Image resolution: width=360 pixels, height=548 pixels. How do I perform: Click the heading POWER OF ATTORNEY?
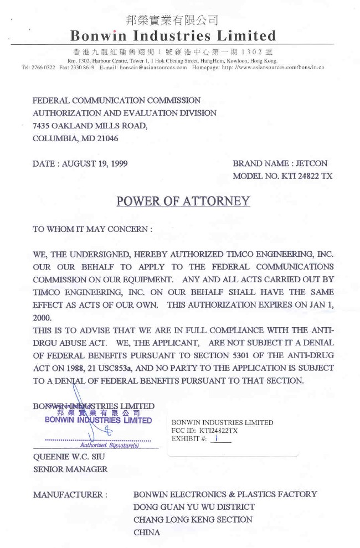point(183,201)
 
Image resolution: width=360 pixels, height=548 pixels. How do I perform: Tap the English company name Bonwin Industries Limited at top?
point(172,37)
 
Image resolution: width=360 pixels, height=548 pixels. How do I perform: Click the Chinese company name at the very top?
point(172,20)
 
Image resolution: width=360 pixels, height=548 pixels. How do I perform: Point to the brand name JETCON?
point(312,164)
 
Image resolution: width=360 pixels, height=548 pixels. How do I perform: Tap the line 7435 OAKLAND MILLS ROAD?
point(90,126)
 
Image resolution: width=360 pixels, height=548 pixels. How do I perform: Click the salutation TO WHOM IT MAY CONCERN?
point(92,229)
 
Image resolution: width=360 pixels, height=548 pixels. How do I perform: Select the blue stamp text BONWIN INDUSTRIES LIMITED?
point(98,420)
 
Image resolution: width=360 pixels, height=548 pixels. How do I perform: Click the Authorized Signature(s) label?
point(109,445)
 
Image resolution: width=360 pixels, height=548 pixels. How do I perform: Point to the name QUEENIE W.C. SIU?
point(69,457)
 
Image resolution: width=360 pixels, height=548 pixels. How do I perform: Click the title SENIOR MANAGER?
point(70,469)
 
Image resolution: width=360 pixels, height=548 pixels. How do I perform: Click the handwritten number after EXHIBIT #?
point(218,438)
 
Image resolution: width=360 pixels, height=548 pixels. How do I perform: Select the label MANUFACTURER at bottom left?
point(70,494)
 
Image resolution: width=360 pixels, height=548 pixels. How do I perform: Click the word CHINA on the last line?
point(147,533)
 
